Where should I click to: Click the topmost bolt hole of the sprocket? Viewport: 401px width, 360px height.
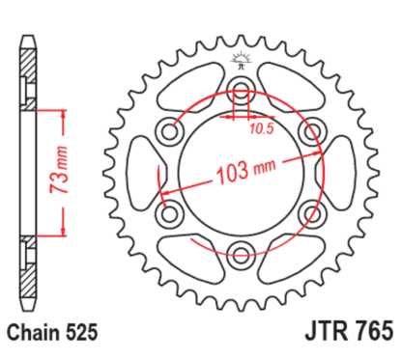coord(240,95)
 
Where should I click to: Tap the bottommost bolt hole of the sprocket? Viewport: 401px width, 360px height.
coord(240,254)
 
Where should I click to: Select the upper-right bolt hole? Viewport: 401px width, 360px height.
coord(309,134)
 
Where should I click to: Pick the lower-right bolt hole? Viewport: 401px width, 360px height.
coord(309,214)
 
